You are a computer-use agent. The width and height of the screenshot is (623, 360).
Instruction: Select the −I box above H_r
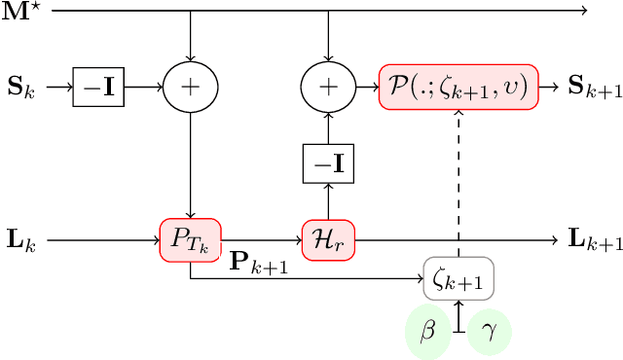click(x=329, y=164)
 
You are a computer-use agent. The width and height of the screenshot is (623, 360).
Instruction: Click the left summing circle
click(x=191, y=89)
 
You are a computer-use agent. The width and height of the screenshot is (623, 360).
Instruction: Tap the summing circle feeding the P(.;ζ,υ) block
click(x=329, y=89)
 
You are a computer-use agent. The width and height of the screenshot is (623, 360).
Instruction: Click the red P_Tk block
click(x=191, y=238)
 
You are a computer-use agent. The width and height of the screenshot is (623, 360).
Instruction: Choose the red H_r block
click(x=329, y=238)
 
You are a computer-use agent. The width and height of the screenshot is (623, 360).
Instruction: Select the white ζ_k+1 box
click(x=458, y=278)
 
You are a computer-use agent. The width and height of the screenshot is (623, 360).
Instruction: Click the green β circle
click(x=428, y=331)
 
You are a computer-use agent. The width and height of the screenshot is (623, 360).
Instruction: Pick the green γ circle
click(x=489, y=331)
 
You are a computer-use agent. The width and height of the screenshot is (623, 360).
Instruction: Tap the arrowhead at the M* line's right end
click(x=583, y=12)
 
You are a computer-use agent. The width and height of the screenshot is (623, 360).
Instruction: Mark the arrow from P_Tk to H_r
click(x=262, y=238)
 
